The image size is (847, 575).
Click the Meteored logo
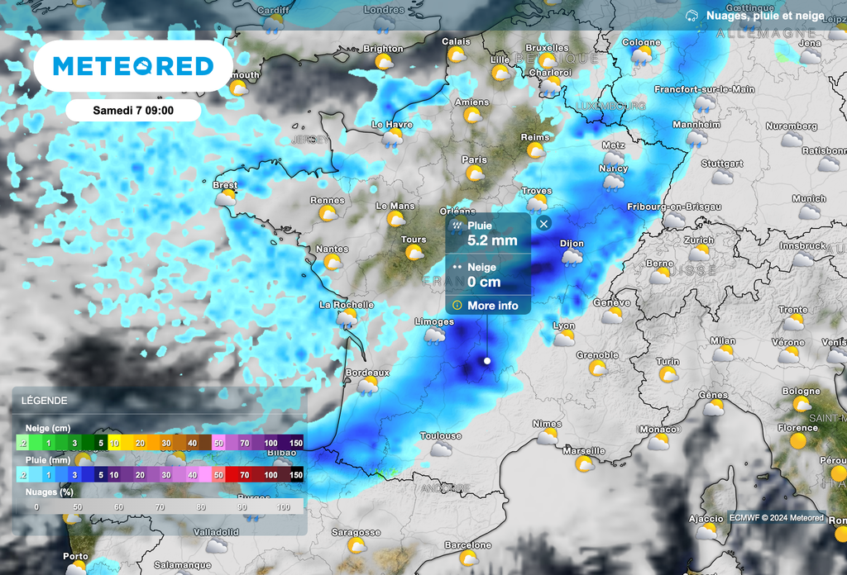[x=133, y=66]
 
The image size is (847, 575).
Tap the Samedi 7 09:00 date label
[x=133, y=110]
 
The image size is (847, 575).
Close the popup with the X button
[x=543, y=223]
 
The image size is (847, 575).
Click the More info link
[x=492, y=306]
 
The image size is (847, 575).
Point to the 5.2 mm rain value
[x=492, y=241]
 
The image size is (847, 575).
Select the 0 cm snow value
[x=484, y=282]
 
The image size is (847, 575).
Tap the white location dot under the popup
[x=487, y=361]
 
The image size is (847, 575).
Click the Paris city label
[x=474, y=159]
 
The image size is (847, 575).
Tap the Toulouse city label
[x=440, y=435]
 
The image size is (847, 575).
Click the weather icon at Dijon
[x=572, y=257]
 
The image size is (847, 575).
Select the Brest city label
[x=225, y=185]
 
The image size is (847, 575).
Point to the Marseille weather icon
[x=584, y=464]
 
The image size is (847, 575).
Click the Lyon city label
[x=564, y=326]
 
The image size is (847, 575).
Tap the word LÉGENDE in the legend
[x=45, y=401]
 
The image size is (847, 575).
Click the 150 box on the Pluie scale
[x=295, y=475]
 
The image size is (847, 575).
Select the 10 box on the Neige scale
[x=115, y=443]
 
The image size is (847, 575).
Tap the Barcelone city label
[x=468, y=545]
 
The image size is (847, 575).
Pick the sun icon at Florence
[x=798, y=441]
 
